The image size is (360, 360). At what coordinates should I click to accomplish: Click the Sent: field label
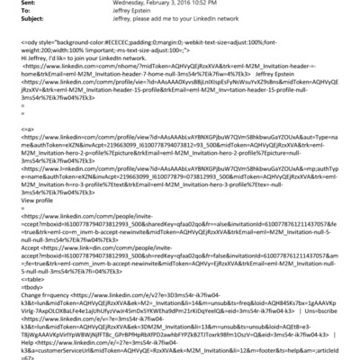click(x=14, y=3)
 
